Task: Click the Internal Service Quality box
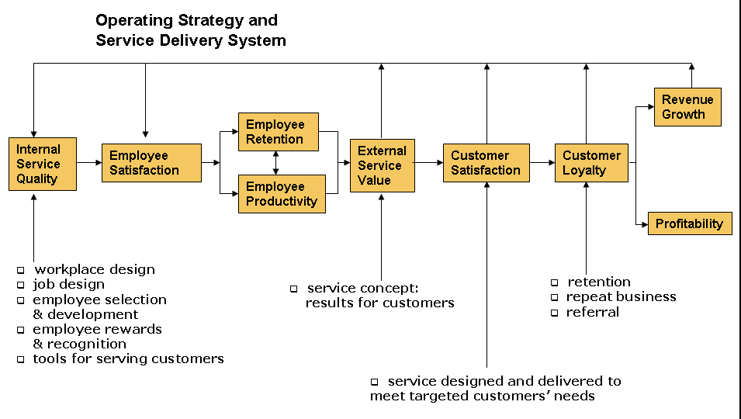point(43,164)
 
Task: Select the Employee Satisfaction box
point(152,163)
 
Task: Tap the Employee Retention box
point(279,132)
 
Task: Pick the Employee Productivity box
point(282,194)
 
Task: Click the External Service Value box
point(383,165)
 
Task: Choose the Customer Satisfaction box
point(486,163)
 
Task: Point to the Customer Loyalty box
point(591,163)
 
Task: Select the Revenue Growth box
point(687,107)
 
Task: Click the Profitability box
point(690,223)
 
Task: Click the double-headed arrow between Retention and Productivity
point(276,163)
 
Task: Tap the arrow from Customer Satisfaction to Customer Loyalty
point(542,162)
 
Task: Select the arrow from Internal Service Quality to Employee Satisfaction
point(89,162)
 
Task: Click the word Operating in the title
point(134,20)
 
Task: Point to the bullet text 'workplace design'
point(95,269)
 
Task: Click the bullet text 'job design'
point(68,284)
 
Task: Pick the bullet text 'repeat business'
point(621,296)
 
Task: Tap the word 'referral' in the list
point(593,312)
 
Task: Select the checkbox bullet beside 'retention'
point(554,282)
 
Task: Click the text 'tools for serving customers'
point(128,358)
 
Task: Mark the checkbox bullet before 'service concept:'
point(294,289)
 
